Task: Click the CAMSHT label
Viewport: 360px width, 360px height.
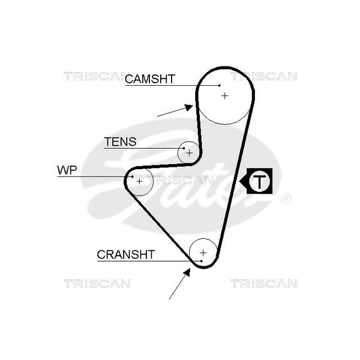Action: click(149, 79)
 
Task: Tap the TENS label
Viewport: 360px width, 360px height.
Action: click(120, 142)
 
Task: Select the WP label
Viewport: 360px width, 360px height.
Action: click(67, 170)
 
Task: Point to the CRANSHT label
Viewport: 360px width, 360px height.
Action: click(126, 254)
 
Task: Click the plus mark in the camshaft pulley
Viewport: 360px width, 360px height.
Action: click(224, 95)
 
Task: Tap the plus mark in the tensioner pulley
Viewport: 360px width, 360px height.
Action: click(189, 152)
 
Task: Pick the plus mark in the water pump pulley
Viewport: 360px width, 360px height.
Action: click(140, 181)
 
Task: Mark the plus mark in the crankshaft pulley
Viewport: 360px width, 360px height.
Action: click(203, 252)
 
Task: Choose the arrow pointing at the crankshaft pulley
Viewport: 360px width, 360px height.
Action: click(179, 284)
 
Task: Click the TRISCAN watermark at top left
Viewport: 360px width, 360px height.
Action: click(97, 76)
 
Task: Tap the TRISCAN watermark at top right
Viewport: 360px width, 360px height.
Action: click(264, 76)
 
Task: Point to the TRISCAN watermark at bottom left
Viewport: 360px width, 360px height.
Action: click(97, 283)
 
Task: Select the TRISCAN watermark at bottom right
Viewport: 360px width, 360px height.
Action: click(264, 283)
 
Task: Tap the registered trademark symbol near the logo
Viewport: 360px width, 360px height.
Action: click(286, 199)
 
